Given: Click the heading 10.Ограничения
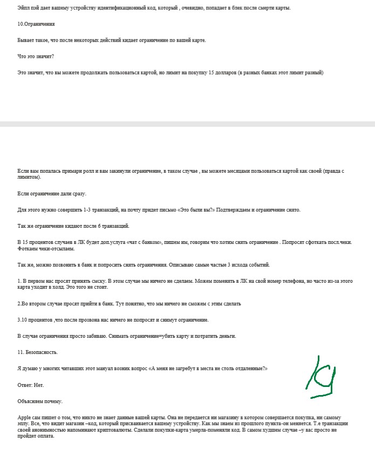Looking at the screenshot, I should (x=36, y=24).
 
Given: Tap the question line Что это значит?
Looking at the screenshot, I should (x=36, y=56).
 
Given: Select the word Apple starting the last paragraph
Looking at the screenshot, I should (x=25, y=418).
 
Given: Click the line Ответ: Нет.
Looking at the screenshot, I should (x=31, y=385).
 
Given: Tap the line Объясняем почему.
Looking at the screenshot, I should (x=40, y=401).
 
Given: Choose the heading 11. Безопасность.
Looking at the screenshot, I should (x=37, y=352).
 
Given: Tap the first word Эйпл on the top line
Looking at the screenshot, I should (x=24, y=8).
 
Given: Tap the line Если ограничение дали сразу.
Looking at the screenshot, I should (x=52, y=193).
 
